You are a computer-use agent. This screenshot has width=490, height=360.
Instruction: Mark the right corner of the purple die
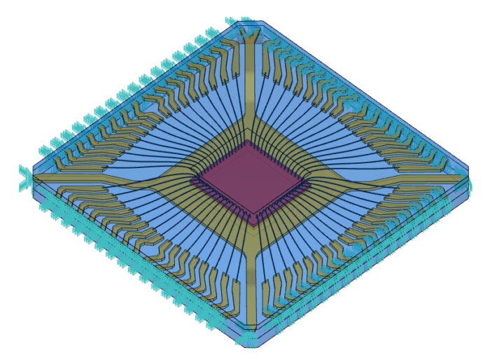[x=305, y=184]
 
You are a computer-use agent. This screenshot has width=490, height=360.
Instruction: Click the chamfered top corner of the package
[x=249, y=24]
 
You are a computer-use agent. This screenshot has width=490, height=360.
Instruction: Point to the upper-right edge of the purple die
[x=276, y=163]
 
